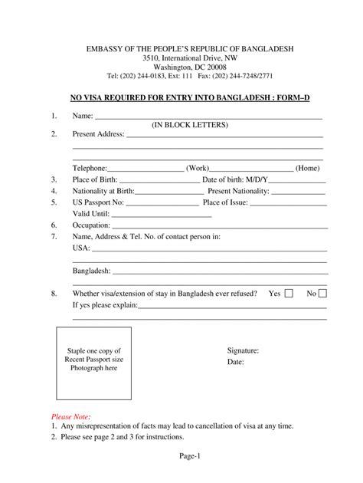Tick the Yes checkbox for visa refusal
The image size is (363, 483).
click(289, 293)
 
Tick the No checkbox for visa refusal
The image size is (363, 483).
click(322, 293)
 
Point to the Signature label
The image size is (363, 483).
click(243, 350)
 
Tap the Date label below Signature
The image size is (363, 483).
click(235, 362)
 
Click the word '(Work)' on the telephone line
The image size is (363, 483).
click(197, 168)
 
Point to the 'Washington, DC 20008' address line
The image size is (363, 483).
click(181, 67)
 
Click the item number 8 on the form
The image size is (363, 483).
click(54, 294)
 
